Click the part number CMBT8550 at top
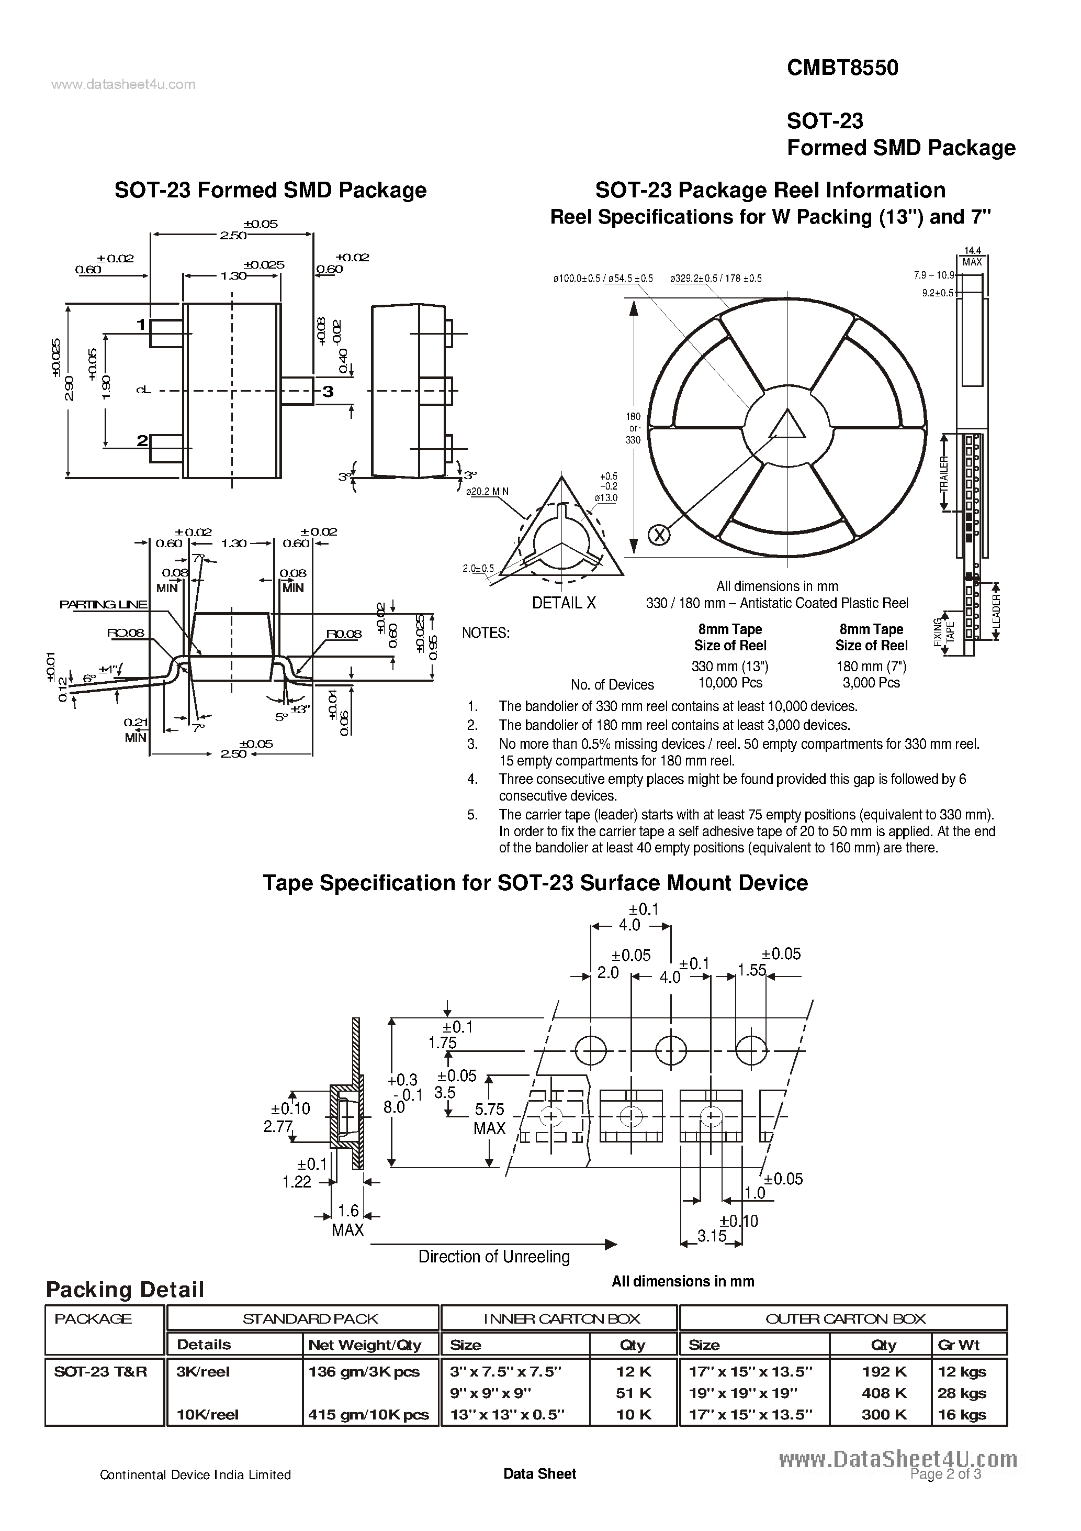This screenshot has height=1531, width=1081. click(x=842, y=68)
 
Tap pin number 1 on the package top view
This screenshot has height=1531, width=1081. click(x=141, y=325)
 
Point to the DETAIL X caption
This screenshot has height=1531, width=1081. click(x=564, y=603)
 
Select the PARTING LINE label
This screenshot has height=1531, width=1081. click(x=103, y=604)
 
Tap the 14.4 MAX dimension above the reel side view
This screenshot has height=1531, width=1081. click(x=972, y=257)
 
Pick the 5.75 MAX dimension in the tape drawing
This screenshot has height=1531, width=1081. click(x=489, y=1118)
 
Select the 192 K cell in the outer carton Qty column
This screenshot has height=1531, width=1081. click(x=884, y=1372)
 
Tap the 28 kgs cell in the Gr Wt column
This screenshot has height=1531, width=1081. click(x=962, y=1393)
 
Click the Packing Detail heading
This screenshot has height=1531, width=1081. click(x=125, y=1289)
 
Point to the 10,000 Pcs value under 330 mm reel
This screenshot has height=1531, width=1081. click(x=730, y=683)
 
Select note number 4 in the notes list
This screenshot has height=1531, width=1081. click(x=472, y=779)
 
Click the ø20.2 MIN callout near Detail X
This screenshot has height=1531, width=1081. click(x=487, y=492)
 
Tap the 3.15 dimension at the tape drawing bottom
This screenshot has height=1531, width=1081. click(x=711, y=1236)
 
